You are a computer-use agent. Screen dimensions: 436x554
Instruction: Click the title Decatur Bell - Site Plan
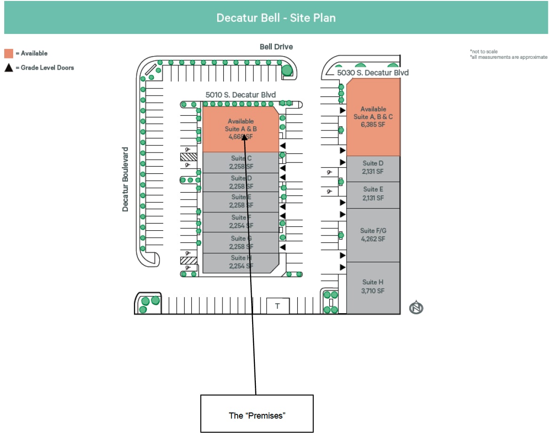(x=276, y=18)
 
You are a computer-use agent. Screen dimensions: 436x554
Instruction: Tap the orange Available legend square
(x=9, y=53)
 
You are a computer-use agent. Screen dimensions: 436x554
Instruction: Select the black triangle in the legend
(x=9, y=67)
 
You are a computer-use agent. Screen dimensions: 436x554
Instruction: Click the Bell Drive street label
(x=276, y=47)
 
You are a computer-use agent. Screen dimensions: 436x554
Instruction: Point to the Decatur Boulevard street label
(x=125, y=179)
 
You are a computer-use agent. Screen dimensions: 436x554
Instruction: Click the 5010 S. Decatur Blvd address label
(x=240, y=95)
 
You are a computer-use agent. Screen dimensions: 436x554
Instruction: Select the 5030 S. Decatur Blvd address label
(x=372, y=73)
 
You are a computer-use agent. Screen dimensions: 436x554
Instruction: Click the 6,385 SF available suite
(x=373, y=117)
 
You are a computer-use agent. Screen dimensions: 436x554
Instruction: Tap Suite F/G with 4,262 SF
(x=373, y=234)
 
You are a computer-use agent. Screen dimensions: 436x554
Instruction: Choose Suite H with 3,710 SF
(x=373, y=286)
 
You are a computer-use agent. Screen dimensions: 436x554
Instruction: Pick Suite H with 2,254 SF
(x=240, y=262)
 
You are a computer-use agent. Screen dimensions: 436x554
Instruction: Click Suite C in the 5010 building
(x=240, y=162)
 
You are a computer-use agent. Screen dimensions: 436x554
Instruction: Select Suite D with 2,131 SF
(x=373, y=168)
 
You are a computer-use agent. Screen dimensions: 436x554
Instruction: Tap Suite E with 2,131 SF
(x=373, y=194)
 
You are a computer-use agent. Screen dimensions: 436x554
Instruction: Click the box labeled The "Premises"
(x=257, y=414)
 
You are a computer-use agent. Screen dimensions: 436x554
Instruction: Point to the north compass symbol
(x=416, y=308)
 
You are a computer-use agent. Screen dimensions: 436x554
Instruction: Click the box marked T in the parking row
(x=277, y=306)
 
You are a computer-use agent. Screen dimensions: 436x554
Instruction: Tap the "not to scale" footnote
(x=483, y=51)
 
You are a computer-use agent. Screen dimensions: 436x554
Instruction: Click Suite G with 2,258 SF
(x=240, y=242)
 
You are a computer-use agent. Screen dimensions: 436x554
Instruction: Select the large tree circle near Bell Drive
(x=287, y=71)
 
